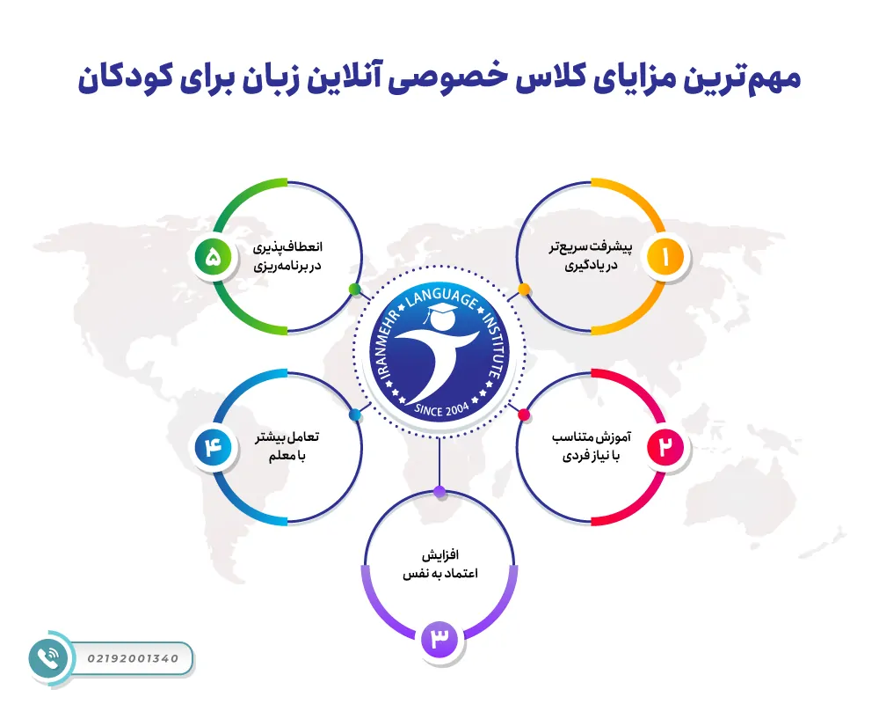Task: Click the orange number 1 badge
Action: click(665, 257)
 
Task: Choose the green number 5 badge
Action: click(214, 257)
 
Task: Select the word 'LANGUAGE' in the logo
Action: click(439, 300)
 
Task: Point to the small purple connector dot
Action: click(439, 491)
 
